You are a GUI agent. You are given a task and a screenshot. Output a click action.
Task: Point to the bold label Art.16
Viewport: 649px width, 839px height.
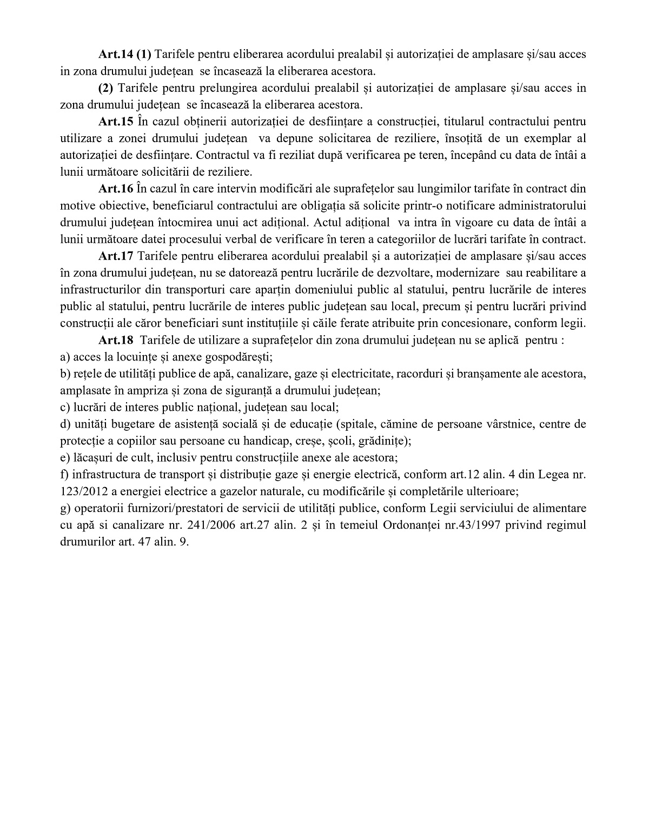pyautogui.click(x=116, y=189)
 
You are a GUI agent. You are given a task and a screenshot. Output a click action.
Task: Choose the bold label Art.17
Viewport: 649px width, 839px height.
pyautogui.click(x=116, y=256)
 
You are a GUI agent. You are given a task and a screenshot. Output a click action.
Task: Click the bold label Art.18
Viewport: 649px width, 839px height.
pyautogui.click(x=116, y=340)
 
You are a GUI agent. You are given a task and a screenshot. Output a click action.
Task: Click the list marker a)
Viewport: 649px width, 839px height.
pyautogui.click(x=65, y=357)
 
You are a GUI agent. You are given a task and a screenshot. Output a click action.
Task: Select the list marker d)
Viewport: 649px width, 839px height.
pyautogui.click(x=65, y=424)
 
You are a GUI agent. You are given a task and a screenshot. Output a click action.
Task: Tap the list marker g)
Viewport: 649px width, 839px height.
pyautogui.click(x=65, y=508)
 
